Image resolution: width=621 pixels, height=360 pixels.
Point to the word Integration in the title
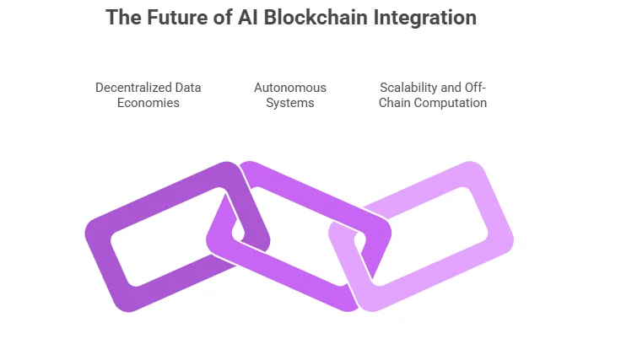(426, 18)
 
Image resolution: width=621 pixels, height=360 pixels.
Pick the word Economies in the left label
(148, 103)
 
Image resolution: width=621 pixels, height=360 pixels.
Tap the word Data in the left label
(188, 88)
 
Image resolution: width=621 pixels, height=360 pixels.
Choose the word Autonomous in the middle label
(290, 88)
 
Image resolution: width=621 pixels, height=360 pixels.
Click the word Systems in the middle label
(290, 103)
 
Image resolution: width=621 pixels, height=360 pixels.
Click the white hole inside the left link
(165, 240)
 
